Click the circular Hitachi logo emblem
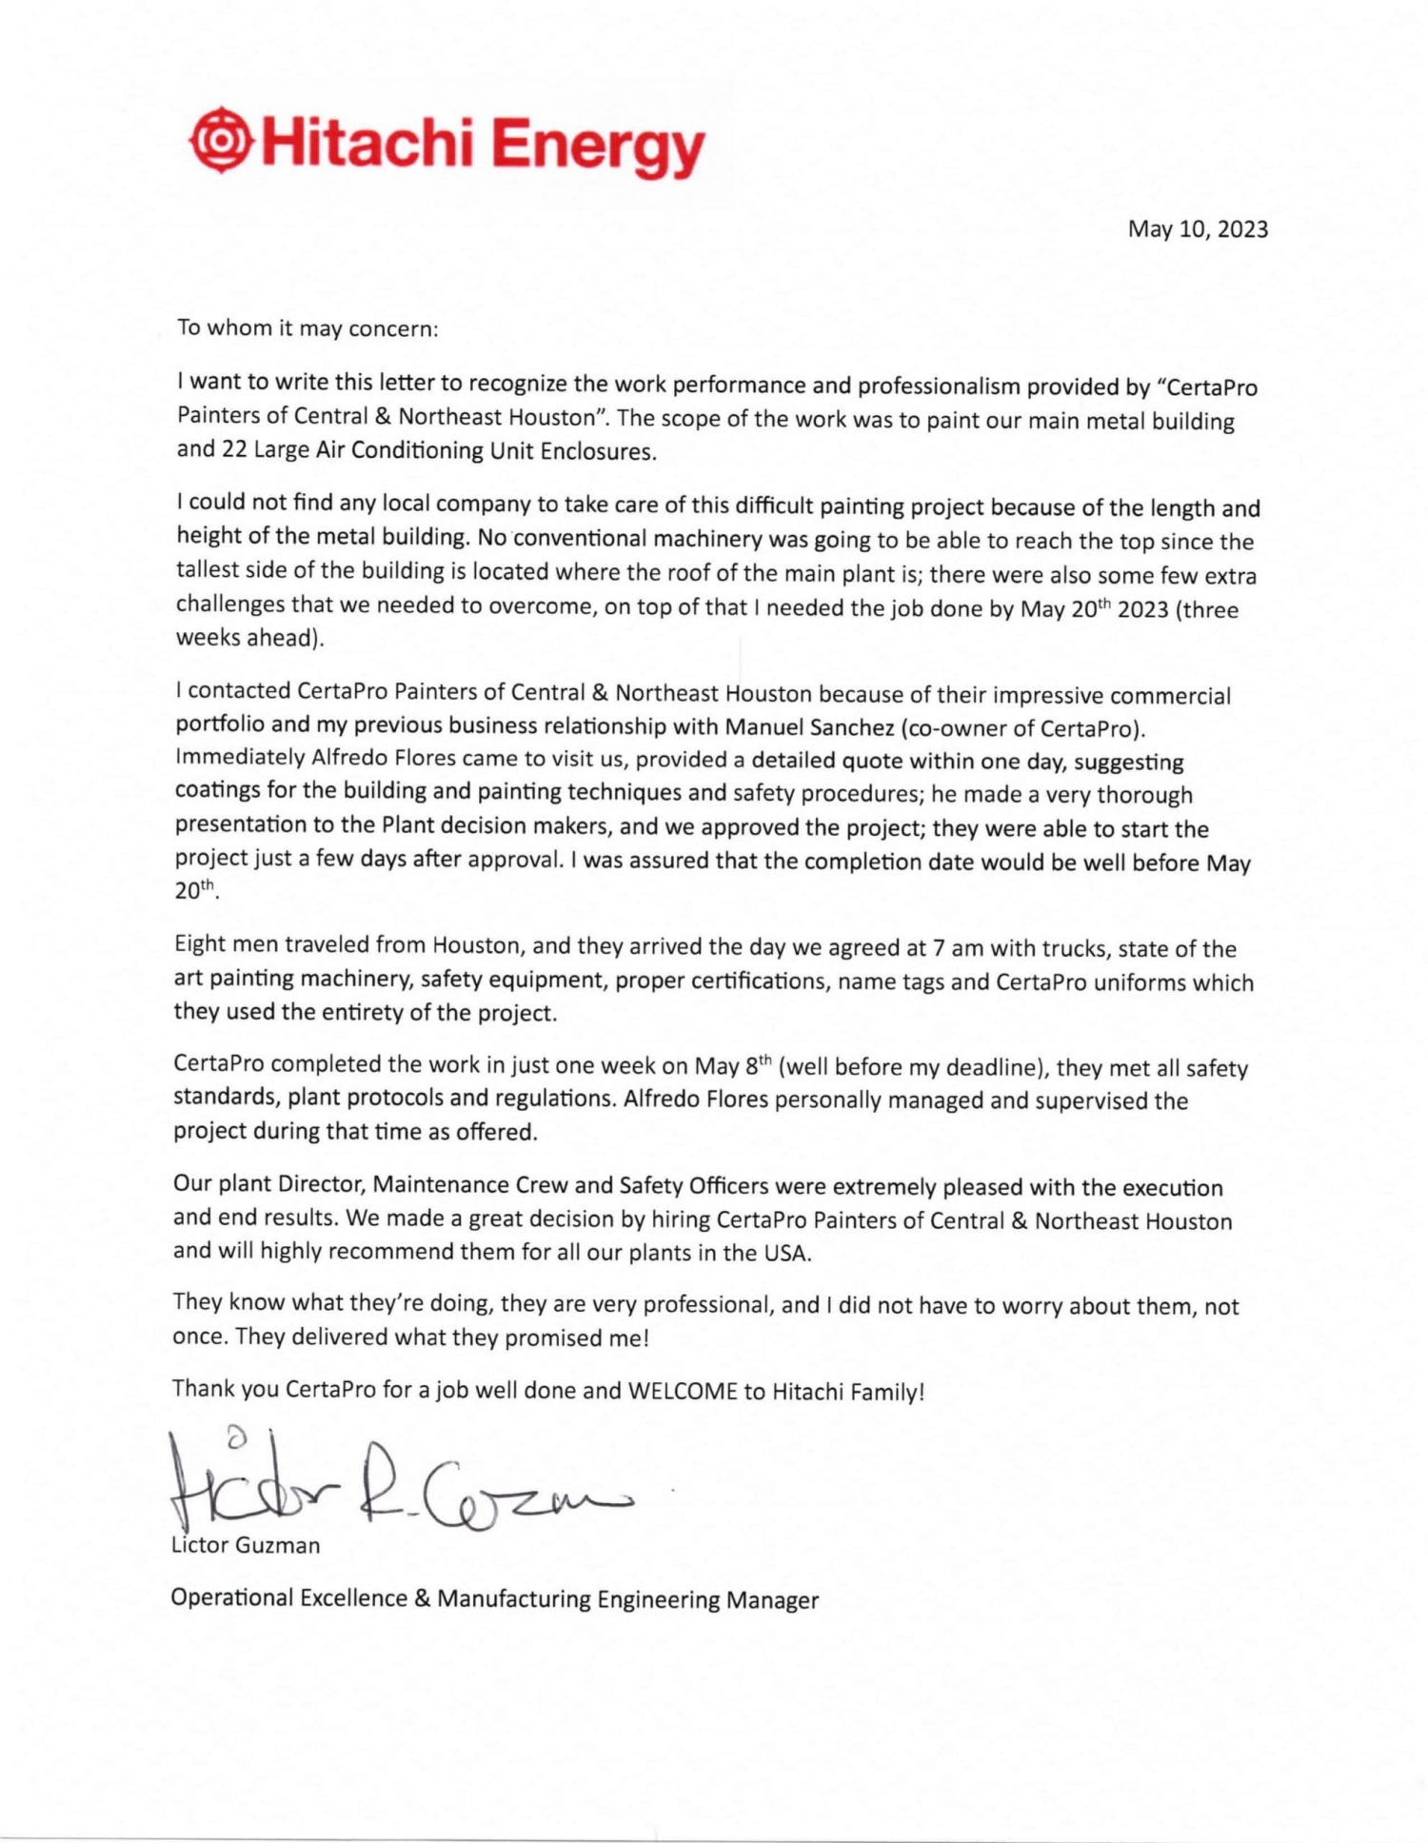[222, 141]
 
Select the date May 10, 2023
[1198, 229]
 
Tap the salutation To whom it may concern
[307, 328]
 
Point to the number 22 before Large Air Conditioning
[234, 449]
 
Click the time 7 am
[951, 948]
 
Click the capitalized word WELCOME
[683, 1392]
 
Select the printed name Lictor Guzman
[246, 1545]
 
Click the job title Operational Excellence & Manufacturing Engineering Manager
[494, 1598]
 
